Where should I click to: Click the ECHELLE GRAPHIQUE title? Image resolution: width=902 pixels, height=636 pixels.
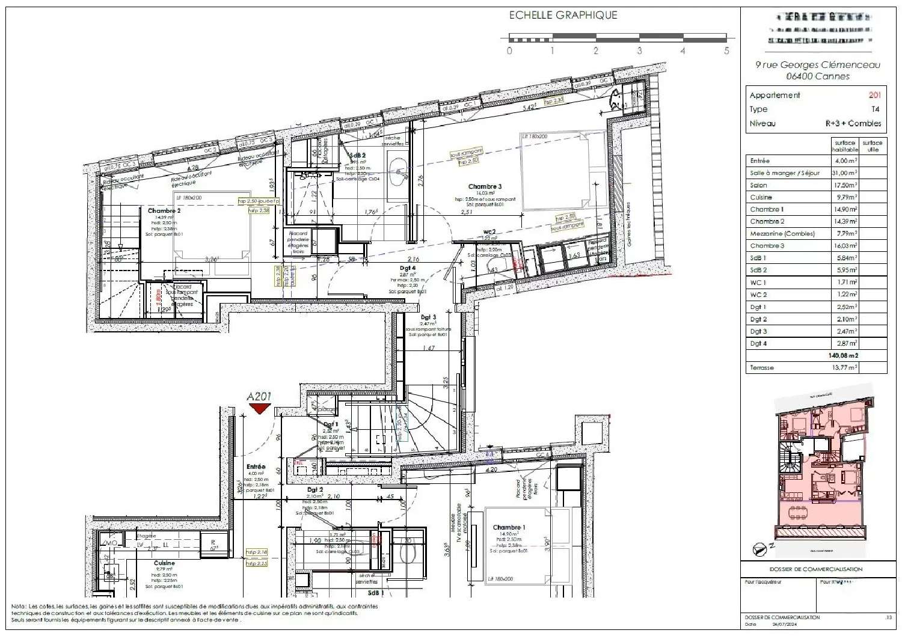563,16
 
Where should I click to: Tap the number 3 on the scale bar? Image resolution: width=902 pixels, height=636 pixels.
639,51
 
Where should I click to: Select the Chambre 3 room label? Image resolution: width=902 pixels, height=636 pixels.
485,186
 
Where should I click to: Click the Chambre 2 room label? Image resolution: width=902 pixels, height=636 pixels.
164,211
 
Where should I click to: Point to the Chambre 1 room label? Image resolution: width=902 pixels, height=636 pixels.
509,527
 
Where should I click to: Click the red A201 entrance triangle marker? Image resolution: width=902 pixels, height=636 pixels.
260,409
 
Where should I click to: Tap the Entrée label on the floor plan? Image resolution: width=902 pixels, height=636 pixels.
256,466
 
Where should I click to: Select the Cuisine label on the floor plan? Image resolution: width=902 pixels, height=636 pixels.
164,563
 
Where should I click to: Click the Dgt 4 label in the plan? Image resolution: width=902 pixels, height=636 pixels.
408,268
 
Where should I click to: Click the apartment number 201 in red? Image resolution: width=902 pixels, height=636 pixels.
874,95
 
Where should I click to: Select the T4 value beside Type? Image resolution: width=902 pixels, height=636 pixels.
875,109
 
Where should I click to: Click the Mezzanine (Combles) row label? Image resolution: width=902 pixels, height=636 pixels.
782,234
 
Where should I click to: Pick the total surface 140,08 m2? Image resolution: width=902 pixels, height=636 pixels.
843,355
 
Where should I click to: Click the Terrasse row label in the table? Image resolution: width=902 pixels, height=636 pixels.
762,367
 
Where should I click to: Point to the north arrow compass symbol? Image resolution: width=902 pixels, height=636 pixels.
761,549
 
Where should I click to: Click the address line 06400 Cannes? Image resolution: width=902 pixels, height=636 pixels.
818,76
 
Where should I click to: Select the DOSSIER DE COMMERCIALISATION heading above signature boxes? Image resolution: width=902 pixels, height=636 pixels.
815,569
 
